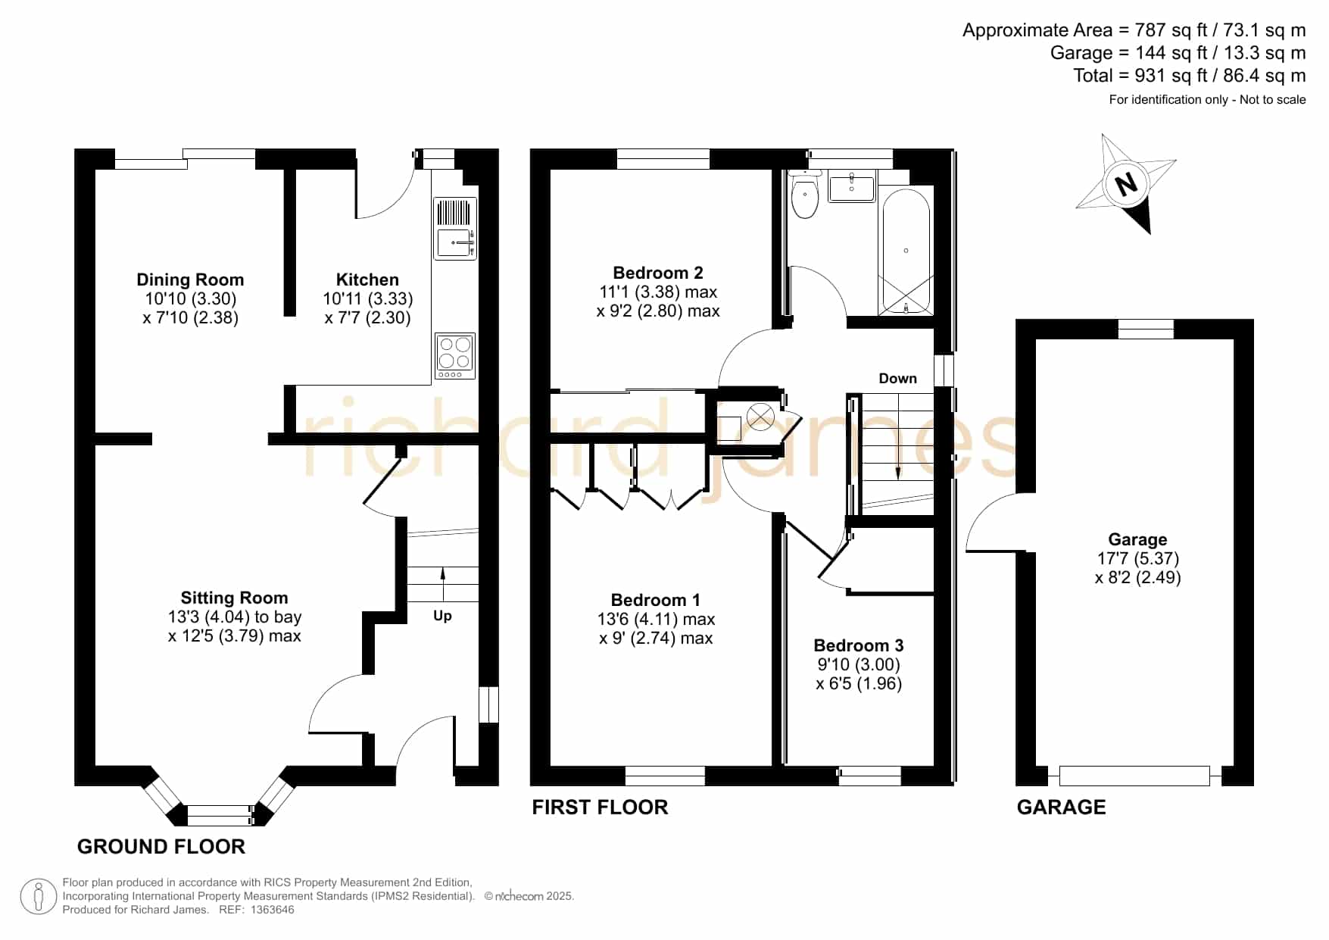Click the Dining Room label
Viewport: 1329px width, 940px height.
pyautogui.click(x=190, y=280)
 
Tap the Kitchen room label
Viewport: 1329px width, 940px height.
pyautogui.click(x=367, y=280)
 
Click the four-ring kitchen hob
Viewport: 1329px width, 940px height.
pyautogui.click(x=455, y=355)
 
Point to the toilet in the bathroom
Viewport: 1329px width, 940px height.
pyautogui.click(x=804, y=194)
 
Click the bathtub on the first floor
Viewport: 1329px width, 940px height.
pyautogui.click(x=906, y=251)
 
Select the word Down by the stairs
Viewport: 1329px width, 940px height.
pyautogui.click(x=897, y=378)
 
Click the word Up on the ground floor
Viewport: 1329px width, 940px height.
pyautogui.click(x=442, y=617)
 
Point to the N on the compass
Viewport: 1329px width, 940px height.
pyautogui.click(x=1126, y=184)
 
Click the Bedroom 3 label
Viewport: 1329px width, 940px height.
pyautogui.click(x=858, y=645)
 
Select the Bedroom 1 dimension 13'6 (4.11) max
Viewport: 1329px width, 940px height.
pyautogui.click(x=656, y=620)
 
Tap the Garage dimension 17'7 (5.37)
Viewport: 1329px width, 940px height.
pyautogui.click(x=1138, y=559)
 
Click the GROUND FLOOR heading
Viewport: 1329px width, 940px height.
pyautogui.click(x=161, y=847)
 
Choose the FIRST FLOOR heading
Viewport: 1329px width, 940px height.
pyautogui.click(x=600, y=807)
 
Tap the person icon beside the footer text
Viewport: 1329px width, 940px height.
pyautogui.click(x=38, y=897)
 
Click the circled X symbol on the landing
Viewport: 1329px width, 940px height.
pyautogui.click(x=760, y=417)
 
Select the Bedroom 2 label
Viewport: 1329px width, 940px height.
pyautogui.click(x=658, y=273)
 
